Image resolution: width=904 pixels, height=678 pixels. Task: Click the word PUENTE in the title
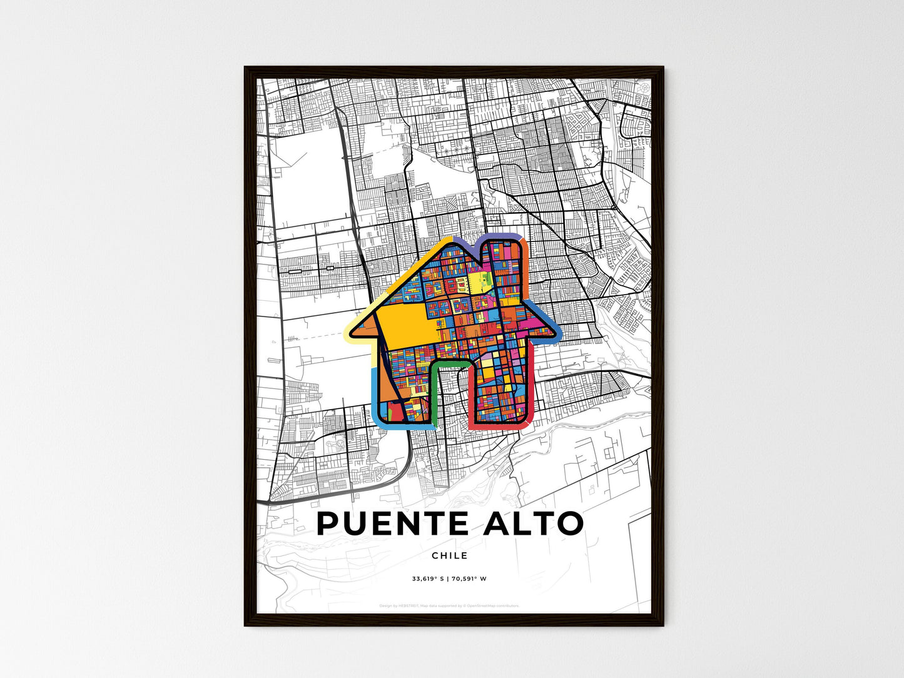point(393,524)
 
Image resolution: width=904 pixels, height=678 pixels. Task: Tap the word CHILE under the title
point(450,555)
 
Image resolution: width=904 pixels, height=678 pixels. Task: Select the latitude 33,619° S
point(427,579)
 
